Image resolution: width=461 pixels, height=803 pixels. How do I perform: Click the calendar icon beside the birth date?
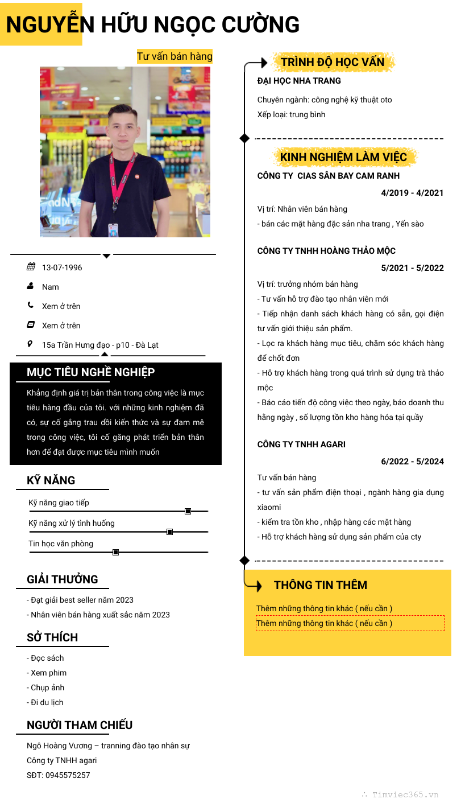tap(31, 267)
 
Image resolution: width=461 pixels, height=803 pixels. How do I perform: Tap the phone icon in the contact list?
tap(31, 305)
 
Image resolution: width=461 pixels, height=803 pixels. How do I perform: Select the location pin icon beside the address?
tap(31, 344)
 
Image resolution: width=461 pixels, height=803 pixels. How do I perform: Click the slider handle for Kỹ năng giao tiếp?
tap(188, 511)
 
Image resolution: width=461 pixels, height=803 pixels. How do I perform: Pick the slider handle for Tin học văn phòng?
tap(115, 552)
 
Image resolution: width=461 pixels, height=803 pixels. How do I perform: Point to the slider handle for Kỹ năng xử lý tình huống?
tap(169, 532)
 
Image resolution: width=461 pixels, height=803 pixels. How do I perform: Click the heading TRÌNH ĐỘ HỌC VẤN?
tap(333, 62)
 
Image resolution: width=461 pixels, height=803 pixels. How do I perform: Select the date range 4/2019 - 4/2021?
tap(412, 193)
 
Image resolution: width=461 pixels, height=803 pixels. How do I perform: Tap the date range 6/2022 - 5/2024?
tap(412, 462)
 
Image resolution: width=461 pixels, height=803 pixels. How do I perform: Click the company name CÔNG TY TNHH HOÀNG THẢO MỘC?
tap(326, 251)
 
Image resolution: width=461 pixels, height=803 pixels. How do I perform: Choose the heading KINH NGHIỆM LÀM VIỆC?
tap(343, 157)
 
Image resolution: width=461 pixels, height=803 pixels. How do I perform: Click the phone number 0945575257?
tap(68, 775)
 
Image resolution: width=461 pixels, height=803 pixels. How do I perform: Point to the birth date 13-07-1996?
tap(62, 267)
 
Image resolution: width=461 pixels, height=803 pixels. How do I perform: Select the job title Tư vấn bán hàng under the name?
tap(175, 56)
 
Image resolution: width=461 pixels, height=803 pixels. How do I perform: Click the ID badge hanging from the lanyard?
tap(113, 229)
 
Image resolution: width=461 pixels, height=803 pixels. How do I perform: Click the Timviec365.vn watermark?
tap(405, 795)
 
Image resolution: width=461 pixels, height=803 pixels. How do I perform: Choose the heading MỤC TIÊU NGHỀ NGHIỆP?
tap(91, 372)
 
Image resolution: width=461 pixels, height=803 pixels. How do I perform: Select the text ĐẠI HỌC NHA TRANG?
tap(299, 81)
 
